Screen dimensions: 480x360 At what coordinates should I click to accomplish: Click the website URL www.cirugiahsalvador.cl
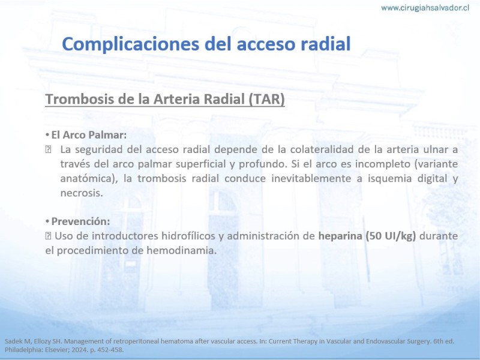pos(425,8)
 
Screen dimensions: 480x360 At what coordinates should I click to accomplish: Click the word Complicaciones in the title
pos(131,44)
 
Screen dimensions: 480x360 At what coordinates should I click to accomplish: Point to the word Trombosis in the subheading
pos(79,99)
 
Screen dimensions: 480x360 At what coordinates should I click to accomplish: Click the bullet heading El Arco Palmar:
pos(89,135)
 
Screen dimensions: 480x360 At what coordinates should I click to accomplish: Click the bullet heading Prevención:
pos(80,221)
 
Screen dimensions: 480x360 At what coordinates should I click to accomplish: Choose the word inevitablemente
pos(311,178)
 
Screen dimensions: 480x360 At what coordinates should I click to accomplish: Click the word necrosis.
pos(82,193)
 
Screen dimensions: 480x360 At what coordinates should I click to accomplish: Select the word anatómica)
pos(89,179)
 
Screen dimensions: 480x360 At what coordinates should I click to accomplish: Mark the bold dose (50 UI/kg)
pos(391,236)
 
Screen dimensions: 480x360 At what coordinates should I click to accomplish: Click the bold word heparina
pos(340,236)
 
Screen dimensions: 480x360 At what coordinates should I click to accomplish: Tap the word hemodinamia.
pos(181,250)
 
